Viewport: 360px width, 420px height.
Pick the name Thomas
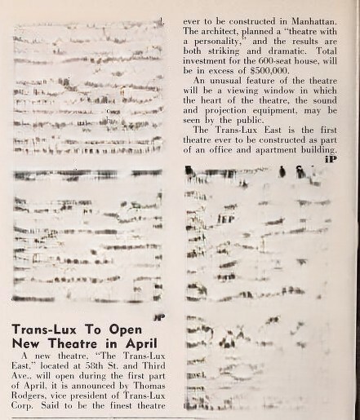(x=153, y=381)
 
